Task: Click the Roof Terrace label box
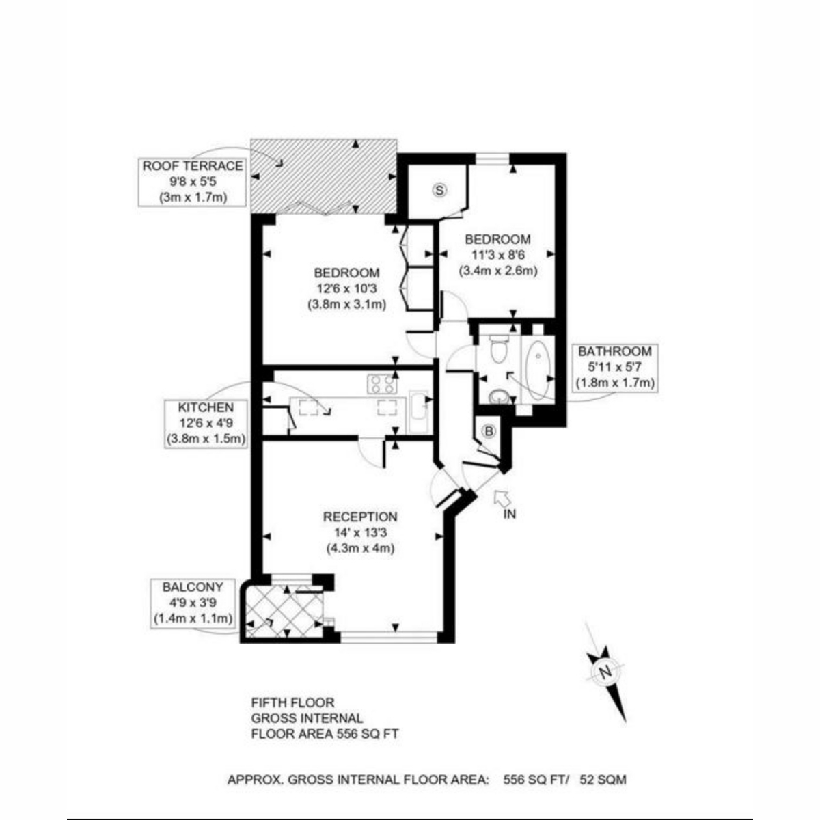[x=192, y=182]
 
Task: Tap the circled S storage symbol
[x=439, y=191]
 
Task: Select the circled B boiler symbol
[x=489, y=431]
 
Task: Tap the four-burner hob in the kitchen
[x=382, y=383]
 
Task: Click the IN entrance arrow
[x=502, y=497]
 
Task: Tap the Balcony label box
[x=193, y=603]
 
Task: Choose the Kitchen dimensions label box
[x=206, y=424]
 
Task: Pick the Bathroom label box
[x=615, y=367]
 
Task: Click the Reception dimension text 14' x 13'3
[x=360, y=532]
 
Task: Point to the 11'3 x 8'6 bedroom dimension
[x=498, y=254]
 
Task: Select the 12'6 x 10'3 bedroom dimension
[x=347, y=288]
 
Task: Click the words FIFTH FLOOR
[x=292, y=702]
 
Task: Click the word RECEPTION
[x=360, y=517]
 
